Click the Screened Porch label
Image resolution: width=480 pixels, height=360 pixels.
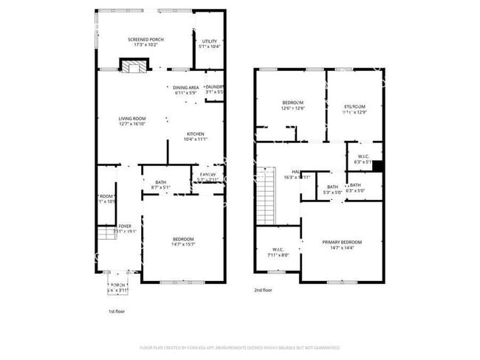[145, 42]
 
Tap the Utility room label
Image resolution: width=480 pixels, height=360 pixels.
[210, 44]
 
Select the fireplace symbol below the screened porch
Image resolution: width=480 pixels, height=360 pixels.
[134, 68]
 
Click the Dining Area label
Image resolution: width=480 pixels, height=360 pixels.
[185, 91]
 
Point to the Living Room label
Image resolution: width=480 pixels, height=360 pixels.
[133, 122]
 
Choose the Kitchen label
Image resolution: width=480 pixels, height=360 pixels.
[195, 136]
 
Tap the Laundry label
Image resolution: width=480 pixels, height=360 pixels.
[215, 89]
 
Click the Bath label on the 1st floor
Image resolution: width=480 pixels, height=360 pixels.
[160, 185]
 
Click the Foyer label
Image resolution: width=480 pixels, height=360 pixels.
[113, 228]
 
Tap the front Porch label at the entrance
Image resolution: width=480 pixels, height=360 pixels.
[118, 287]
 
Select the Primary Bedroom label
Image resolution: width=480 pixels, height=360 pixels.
[342, 245]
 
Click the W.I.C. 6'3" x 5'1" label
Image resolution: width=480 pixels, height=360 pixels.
[363, 159]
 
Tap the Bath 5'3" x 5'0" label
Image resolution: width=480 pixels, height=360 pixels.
[332, 190]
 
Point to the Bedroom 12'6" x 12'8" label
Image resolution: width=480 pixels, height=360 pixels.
[292, 105]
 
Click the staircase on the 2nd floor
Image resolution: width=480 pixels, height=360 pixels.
[266, 195]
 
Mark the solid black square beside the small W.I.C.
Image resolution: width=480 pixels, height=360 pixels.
[377, 166]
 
